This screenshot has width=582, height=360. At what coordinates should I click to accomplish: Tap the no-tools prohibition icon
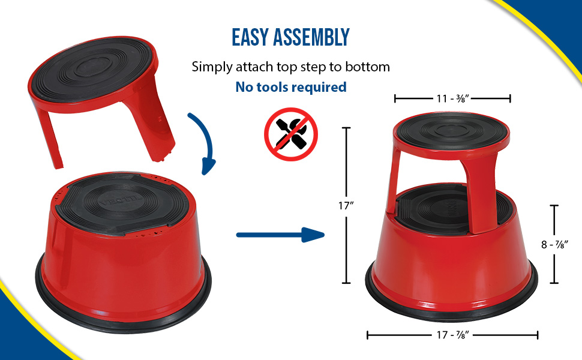coord(291,134)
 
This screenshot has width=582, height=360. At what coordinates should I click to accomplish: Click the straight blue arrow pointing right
coord(280,235)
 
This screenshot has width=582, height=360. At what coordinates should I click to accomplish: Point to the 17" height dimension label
coord(346,205)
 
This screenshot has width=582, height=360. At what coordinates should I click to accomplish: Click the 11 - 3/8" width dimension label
coord(452,98)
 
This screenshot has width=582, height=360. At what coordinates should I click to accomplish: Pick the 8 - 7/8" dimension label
coord(554,245)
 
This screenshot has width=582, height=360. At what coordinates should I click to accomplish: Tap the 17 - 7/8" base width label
coord(452,335)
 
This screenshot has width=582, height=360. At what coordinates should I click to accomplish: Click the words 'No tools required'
coord(291,87)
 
